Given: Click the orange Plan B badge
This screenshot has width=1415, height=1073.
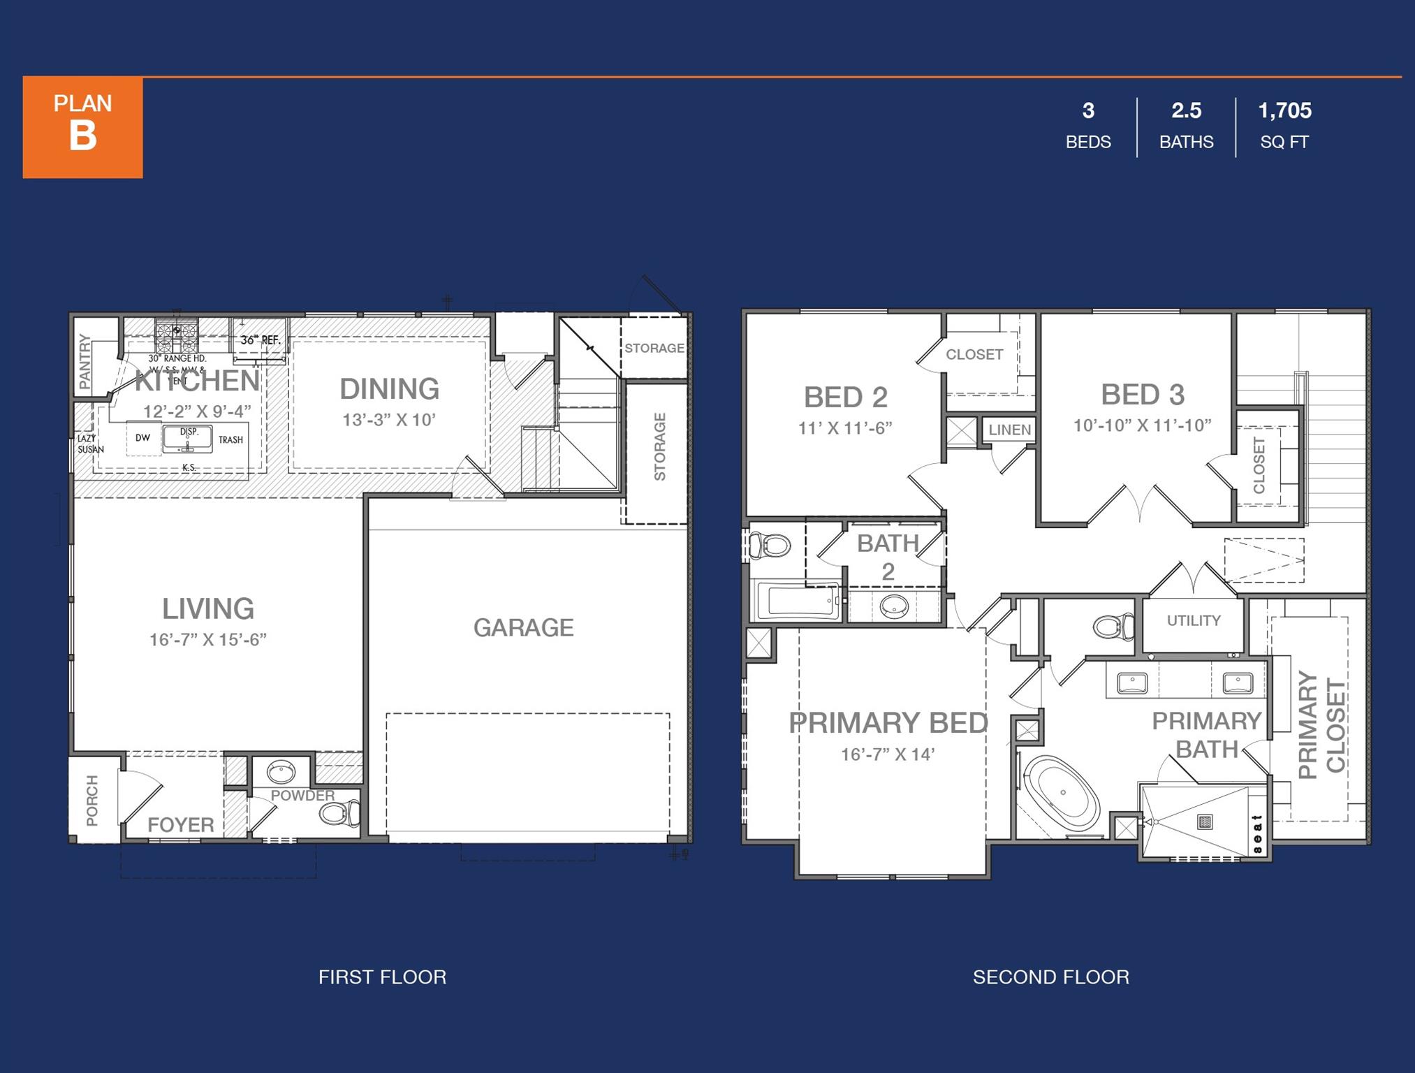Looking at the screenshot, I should coord(82,127).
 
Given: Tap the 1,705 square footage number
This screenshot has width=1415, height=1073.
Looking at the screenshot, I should coord(1284,110).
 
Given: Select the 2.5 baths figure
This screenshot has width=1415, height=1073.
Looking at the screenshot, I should coord(1186,110).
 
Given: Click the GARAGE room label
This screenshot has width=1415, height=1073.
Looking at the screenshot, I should coord(523,627).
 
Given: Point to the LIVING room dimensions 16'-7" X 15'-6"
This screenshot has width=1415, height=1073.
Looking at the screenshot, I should coord(207,640).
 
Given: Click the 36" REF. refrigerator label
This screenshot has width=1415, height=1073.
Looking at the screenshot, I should coord(260,340).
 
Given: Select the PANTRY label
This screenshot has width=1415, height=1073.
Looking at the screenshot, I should coord(85,361).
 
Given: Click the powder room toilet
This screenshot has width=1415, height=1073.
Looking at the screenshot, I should coord(337,813).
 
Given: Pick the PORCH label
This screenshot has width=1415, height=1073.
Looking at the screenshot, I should coord(92,800).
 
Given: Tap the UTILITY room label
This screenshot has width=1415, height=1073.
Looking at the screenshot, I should coord(1194,620).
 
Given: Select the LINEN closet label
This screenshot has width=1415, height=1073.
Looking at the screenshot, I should coord(1009,430).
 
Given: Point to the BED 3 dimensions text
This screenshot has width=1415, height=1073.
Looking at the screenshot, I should coord(1142,425).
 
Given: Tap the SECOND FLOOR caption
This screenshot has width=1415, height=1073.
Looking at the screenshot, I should coord(1050,977).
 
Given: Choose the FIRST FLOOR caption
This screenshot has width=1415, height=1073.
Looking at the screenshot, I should coord(382,977).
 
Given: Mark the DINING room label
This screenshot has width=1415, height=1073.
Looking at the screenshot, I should coord(389,389).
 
